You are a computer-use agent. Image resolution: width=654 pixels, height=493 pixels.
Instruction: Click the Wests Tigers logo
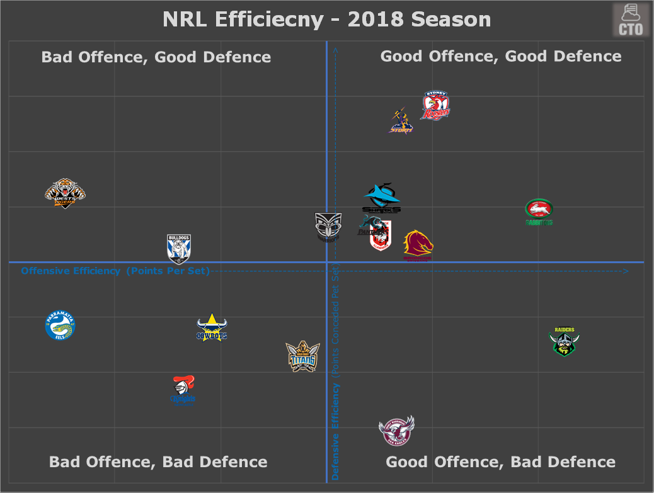click(65, 193)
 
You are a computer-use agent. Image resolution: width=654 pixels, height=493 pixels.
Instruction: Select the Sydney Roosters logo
click(435, 106)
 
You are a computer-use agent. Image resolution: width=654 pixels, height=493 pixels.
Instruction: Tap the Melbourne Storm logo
click(401, 121)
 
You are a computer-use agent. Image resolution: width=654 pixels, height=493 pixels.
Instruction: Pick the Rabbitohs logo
click(539, 212)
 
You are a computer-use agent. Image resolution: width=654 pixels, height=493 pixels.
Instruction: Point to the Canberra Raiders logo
click(564, 341)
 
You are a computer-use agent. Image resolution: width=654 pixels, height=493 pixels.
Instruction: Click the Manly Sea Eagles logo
click(396, 431)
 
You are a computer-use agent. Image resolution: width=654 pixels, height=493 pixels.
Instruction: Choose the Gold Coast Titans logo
click(302, 357)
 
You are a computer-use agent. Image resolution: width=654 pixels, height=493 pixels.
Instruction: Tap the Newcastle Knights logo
click(183, 390)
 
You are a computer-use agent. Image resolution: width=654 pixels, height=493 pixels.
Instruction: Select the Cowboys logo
click(212, 327)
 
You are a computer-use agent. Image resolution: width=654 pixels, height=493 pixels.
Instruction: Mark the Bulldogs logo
click(178, 248)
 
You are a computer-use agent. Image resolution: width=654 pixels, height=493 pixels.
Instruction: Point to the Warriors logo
click(328, 227)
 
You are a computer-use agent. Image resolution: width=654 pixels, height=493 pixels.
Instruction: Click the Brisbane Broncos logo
click(418, 245)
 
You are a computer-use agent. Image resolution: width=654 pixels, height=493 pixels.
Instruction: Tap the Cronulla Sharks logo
click(381, 198)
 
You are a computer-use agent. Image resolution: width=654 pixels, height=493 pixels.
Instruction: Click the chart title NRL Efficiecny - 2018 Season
click(326, 20)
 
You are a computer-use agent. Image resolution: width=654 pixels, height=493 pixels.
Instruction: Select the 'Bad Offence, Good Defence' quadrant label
click(156, 57)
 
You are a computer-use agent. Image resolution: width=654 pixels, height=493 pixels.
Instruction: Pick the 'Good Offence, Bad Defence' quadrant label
click(500, 462)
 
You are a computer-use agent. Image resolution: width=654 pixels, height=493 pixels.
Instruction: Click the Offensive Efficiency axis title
click(115, 271)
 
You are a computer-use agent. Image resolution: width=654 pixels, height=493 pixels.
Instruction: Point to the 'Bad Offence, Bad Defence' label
click(158, 462)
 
